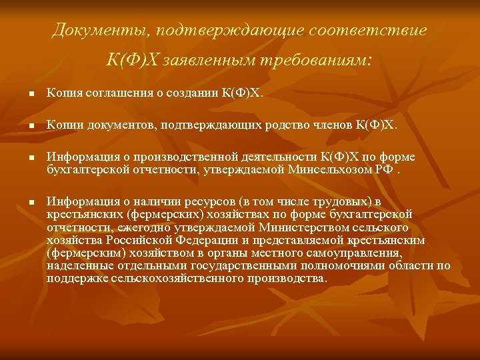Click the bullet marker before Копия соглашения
(x=23, y=95)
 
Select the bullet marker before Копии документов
(x=23, y=125)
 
